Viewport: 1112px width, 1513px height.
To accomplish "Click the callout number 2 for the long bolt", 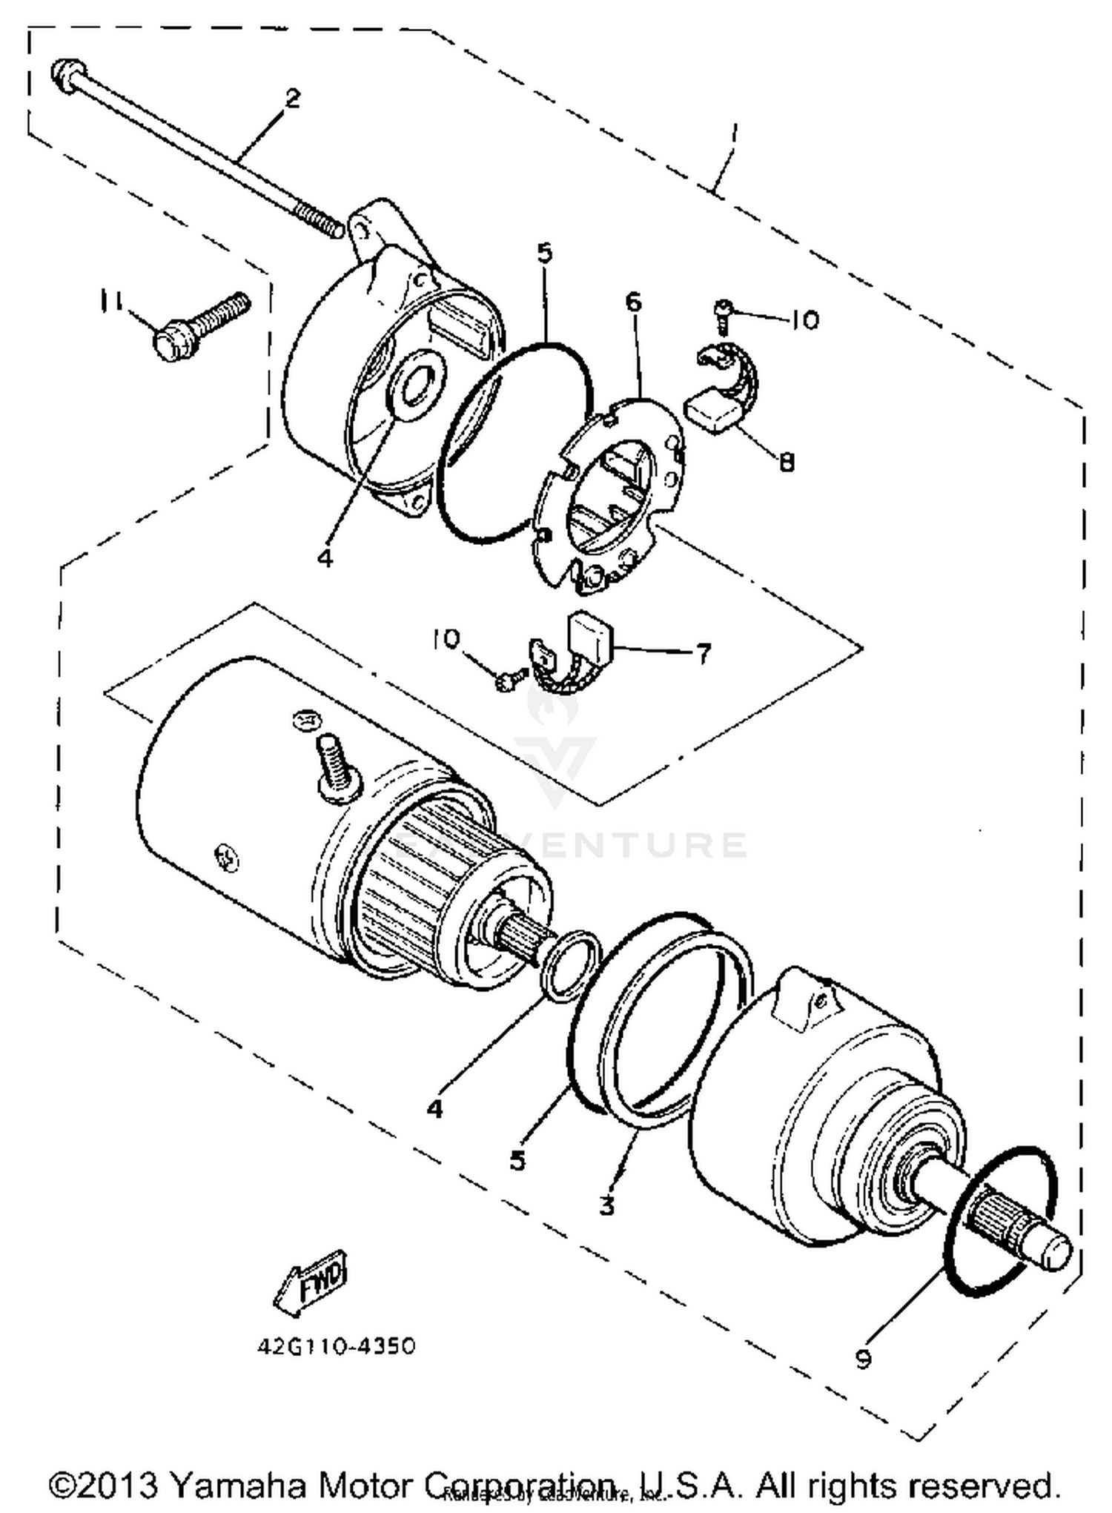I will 293,99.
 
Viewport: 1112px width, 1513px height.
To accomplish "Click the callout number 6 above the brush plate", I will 633,302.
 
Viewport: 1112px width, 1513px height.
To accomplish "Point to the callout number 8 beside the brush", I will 787,462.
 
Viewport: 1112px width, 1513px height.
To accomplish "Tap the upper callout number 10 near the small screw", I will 805,320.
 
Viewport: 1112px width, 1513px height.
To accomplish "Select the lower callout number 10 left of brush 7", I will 446,638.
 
